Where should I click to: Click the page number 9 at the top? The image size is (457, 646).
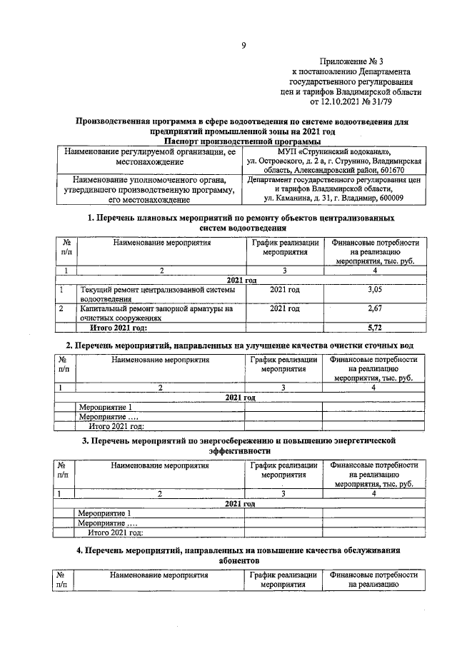click(x=243, y=46)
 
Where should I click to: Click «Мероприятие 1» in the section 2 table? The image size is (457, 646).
click(x=105, y=407)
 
